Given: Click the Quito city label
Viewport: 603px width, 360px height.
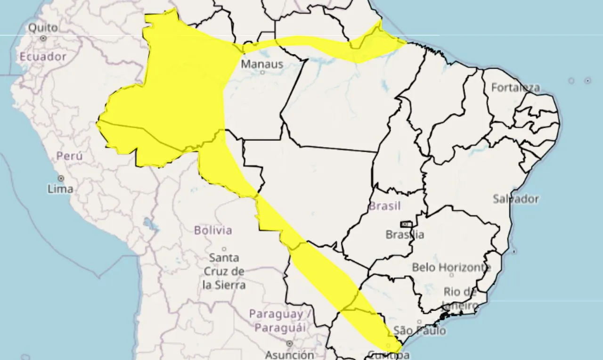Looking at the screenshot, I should (43, 27).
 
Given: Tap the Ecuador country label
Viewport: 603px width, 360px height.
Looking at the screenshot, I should (43, 57).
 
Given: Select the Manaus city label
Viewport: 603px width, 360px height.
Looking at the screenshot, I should (262, 64).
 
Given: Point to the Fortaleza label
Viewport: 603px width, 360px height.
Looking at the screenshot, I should (515, 88).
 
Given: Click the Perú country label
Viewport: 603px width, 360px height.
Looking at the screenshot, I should (69, 156).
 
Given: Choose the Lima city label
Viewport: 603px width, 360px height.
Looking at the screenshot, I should (60, 189).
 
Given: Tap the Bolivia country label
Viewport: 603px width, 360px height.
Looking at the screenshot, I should (213, 230).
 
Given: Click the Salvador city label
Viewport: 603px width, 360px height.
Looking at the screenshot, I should (515, 199).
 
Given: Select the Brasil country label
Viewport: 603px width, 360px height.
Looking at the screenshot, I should (384, 206).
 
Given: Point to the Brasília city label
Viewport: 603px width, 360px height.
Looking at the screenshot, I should (404, 234).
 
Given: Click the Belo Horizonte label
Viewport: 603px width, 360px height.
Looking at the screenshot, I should (451, 267).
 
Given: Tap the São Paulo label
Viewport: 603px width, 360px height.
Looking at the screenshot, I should (419, 331).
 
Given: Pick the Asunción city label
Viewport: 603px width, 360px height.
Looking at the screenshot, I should (289, 354).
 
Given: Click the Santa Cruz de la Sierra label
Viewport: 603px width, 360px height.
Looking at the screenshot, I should (224, 271).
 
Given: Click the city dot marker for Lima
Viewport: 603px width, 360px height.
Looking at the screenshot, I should (61, 178).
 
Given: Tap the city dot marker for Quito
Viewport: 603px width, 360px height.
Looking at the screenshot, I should (43, 38).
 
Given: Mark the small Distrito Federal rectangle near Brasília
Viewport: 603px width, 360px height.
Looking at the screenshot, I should (406, 224).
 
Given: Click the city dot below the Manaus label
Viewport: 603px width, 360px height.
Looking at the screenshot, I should (262, 73).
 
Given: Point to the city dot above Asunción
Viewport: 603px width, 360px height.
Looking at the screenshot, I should (289, 344).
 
